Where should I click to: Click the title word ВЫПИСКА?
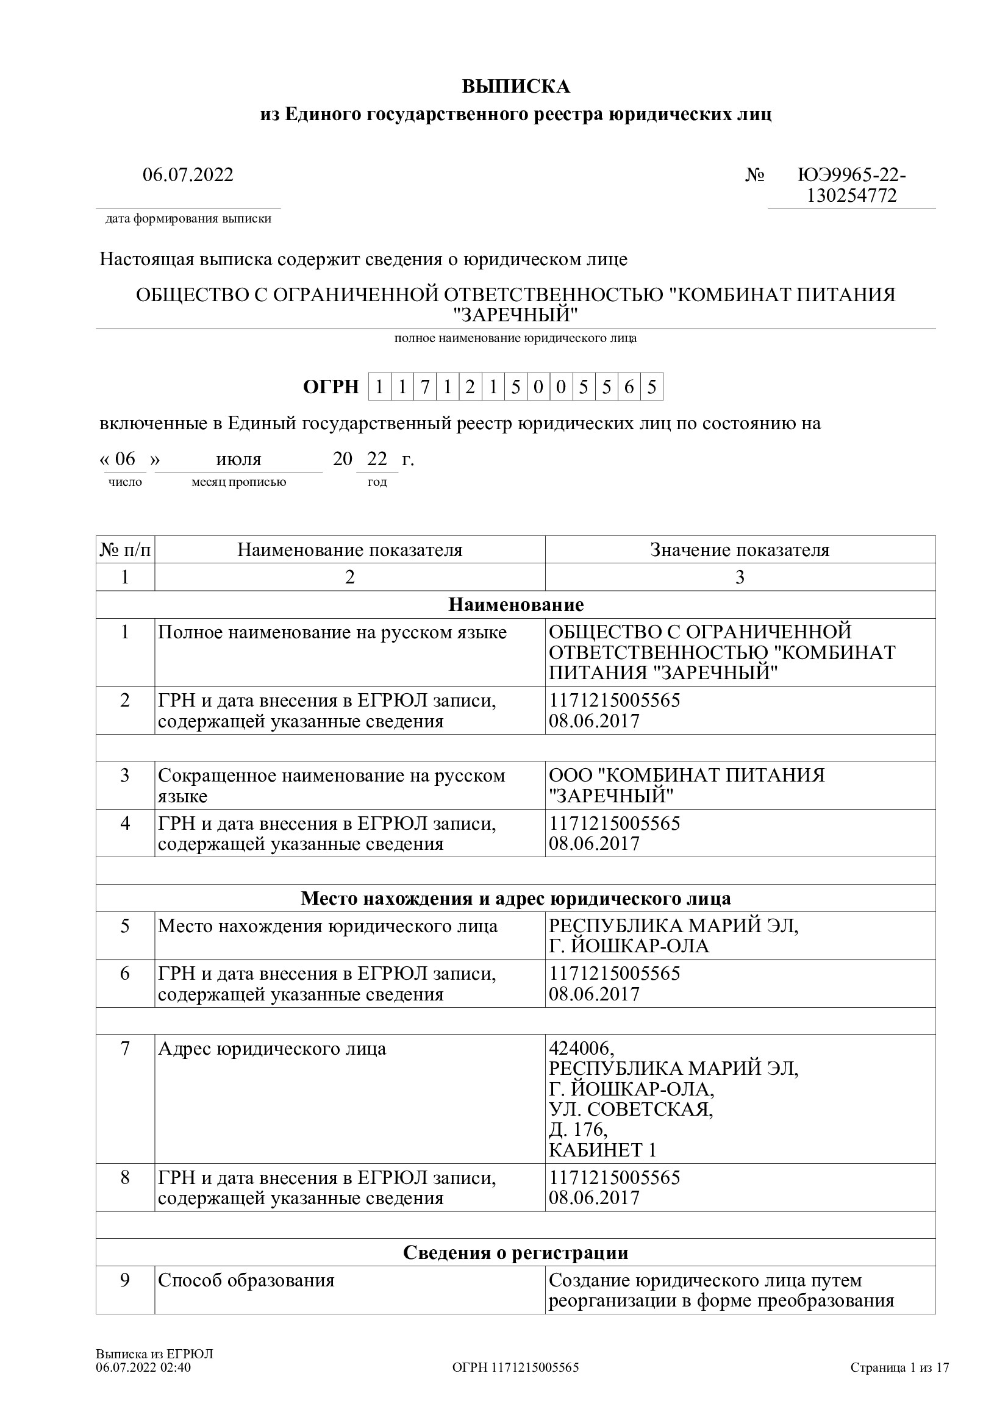point(515,87)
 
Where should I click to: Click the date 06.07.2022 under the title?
point(188,175)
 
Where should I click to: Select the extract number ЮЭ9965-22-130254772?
point(851,186)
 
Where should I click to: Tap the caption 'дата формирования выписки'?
point(188,219)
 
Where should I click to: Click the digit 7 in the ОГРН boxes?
point(425,388)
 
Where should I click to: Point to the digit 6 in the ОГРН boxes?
point(629,388)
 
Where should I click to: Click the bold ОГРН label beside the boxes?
point(331,388)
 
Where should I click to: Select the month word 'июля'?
point(238,460)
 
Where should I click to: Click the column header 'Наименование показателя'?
point(349,551)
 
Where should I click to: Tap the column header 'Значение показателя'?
point(740,551)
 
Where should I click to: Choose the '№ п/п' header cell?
point(126,551)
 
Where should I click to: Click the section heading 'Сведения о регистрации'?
point(515,1253)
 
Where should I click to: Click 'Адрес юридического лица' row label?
point(272,1049)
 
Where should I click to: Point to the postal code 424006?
point(581,1049)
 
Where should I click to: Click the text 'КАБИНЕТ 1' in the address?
point(602,1150)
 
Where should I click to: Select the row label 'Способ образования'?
point(246,1281)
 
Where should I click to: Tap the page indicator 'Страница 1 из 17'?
point(899,1367)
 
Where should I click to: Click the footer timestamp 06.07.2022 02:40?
point(143,1367)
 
